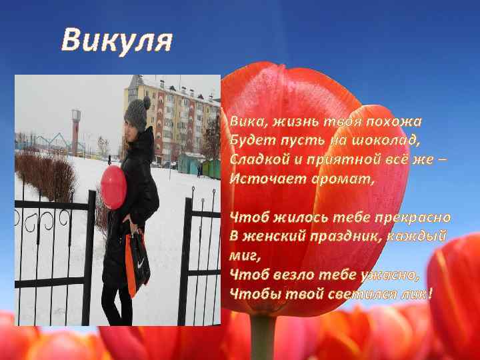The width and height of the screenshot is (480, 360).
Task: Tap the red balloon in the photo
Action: [113, 187]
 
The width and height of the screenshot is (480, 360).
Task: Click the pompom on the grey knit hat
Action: [146, 101]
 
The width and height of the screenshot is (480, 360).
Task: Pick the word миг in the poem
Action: [242, 255]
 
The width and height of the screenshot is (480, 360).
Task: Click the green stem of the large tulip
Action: [263, 337]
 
